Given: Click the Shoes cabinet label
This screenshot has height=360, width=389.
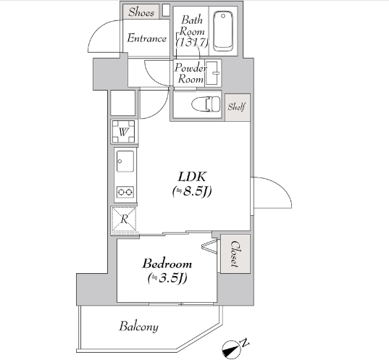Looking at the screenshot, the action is pos(141,12).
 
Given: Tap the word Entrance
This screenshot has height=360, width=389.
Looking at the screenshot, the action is pos(146,38).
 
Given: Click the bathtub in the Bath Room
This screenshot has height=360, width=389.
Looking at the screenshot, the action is pos(223,30).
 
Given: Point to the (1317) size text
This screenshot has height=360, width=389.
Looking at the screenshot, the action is pos(192,43).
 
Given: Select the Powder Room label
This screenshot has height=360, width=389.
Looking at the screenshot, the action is pos(191,73).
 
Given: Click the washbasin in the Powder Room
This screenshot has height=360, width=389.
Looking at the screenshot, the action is pos(213,73).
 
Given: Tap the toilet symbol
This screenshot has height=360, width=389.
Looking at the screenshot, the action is pos(206,104).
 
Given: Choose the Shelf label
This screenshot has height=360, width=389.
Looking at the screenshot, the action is pos(237,106).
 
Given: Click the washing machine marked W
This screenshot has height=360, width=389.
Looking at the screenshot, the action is pos(123,132).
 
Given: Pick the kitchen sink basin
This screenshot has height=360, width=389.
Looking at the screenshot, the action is pos(125,161).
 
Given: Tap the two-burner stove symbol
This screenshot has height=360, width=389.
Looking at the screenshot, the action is pos(125,192).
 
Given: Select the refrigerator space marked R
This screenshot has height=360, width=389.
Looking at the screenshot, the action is pos(124,219).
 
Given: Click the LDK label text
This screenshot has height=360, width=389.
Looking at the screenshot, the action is pos(192,177).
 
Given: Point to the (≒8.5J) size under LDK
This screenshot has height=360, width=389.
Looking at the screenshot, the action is pos(192,191).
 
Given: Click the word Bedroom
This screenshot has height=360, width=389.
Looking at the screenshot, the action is pos(167,264).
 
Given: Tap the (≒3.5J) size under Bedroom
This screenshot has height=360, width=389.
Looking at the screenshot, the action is pos(167,278).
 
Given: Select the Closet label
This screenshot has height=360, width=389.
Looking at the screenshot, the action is pos(235,254).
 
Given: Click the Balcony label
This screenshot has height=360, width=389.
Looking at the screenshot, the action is pos(138,326).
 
